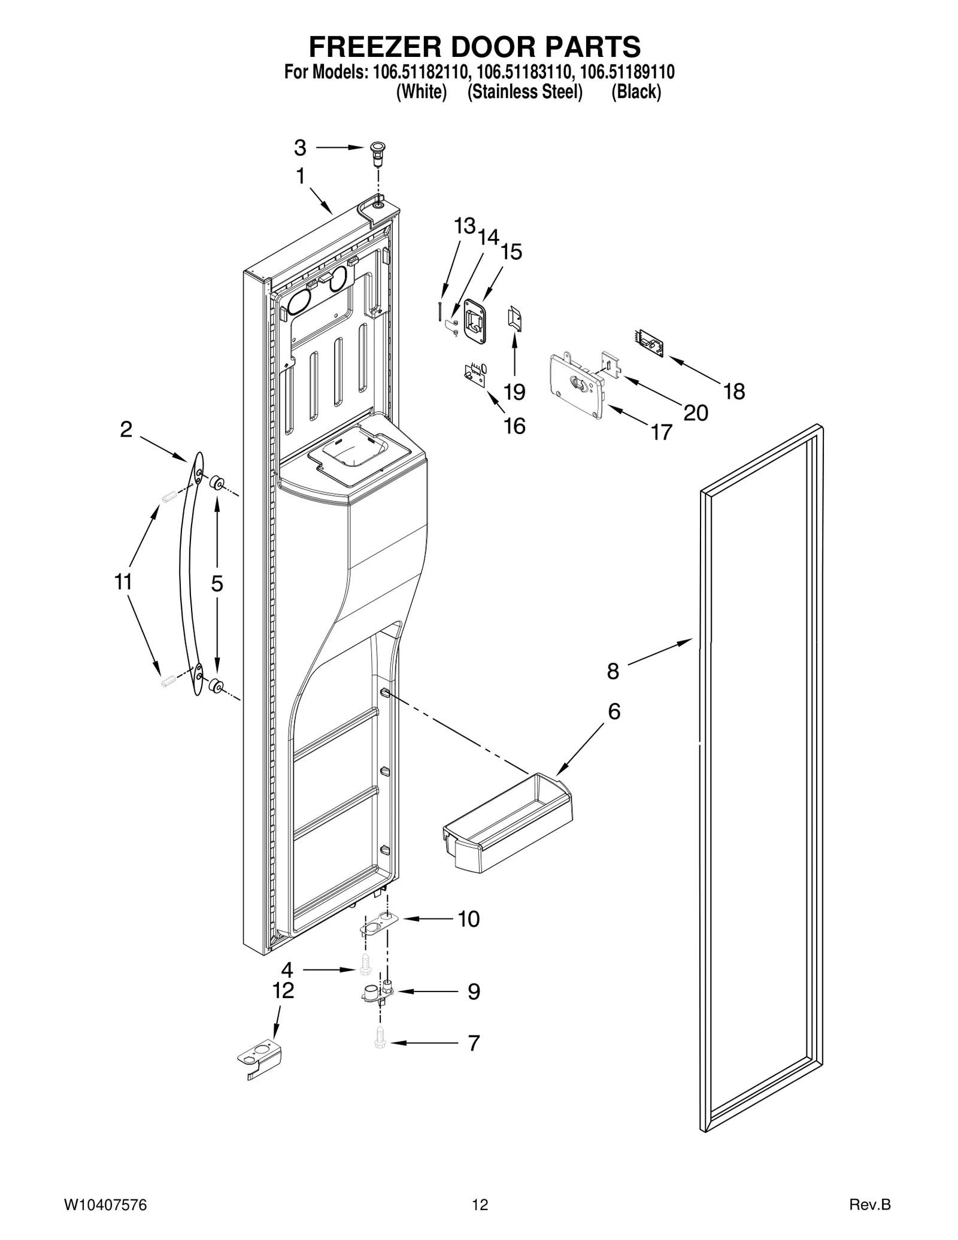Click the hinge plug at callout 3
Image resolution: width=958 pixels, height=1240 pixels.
[x=378, y=155]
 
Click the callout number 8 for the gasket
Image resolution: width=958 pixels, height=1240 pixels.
[x=613, y=671]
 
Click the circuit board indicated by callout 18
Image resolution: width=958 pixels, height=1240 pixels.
[x=649, y=342]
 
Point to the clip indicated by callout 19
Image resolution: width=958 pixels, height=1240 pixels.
[x=514, y=317]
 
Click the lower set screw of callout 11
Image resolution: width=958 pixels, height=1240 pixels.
[x=168, y=680]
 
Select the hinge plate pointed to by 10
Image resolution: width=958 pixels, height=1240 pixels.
[x=375, y=927]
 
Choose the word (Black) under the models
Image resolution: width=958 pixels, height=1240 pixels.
[x=636, y=92]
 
